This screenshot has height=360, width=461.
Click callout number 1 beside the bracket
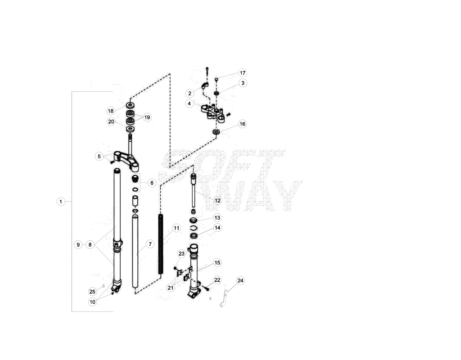[61, 202]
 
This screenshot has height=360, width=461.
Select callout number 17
[243, 73]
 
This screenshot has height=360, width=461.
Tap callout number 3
[243, 83]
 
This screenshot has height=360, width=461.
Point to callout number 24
[240, 281]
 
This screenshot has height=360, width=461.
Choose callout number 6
[152, 183]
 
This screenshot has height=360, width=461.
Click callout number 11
[176, 228]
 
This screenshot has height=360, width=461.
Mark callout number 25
[92, 292]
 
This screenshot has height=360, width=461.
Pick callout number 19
[147, 117]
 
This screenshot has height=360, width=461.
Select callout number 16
[242, 124]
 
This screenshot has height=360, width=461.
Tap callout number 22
[217, 280]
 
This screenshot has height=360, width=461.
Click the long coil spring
[161, 244]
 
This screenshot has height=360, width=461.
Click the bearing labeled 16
[217, 131]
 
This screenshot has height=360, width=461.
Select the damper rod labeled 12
[194, 190]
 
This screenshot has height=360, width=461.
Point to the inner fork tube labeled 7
[135, 252]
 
